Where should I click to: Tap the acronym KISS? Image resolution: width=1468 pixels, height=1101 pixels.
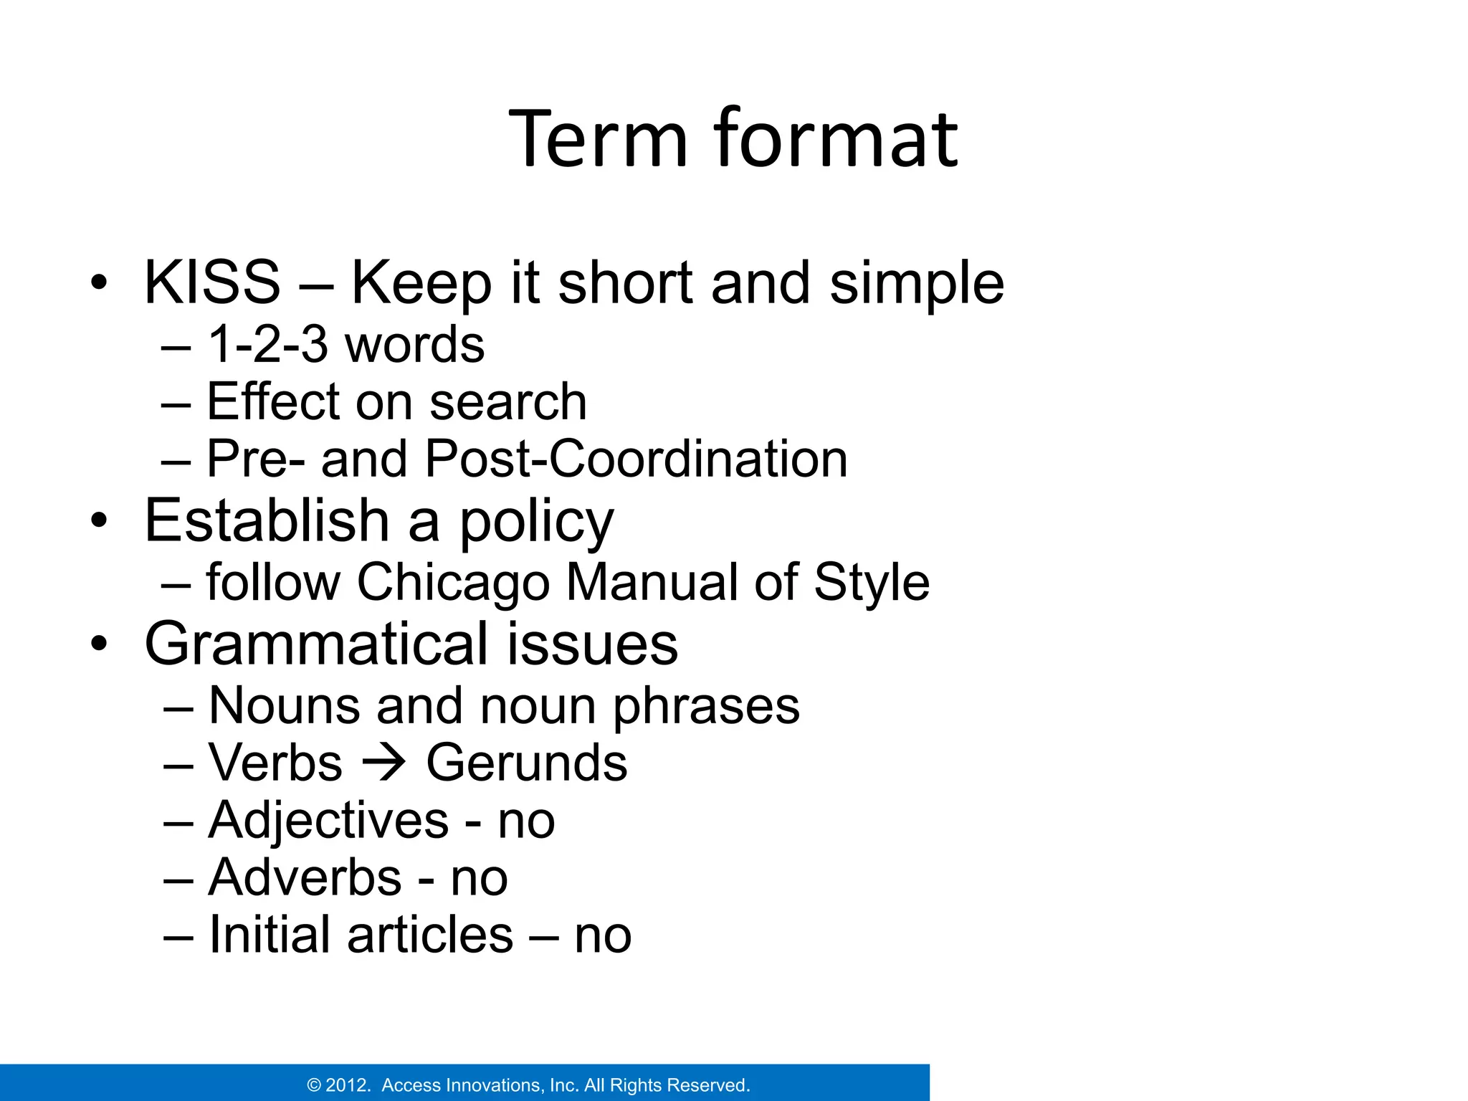212,282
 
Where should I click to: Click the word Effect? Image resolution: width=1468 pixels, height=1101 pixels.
272,401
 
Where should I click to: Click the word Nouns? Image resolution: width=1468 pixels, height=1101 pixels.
284,706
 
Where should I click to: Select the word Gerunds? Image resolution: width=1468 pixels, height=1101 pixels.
527,763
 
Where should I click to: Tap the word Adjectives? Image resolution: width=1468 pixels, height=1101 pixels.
328,821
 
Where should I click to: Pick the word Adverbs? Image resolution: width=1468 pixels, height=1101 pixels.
305,878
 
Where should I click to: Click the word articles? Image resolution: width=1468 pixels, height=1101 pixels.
430,935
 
